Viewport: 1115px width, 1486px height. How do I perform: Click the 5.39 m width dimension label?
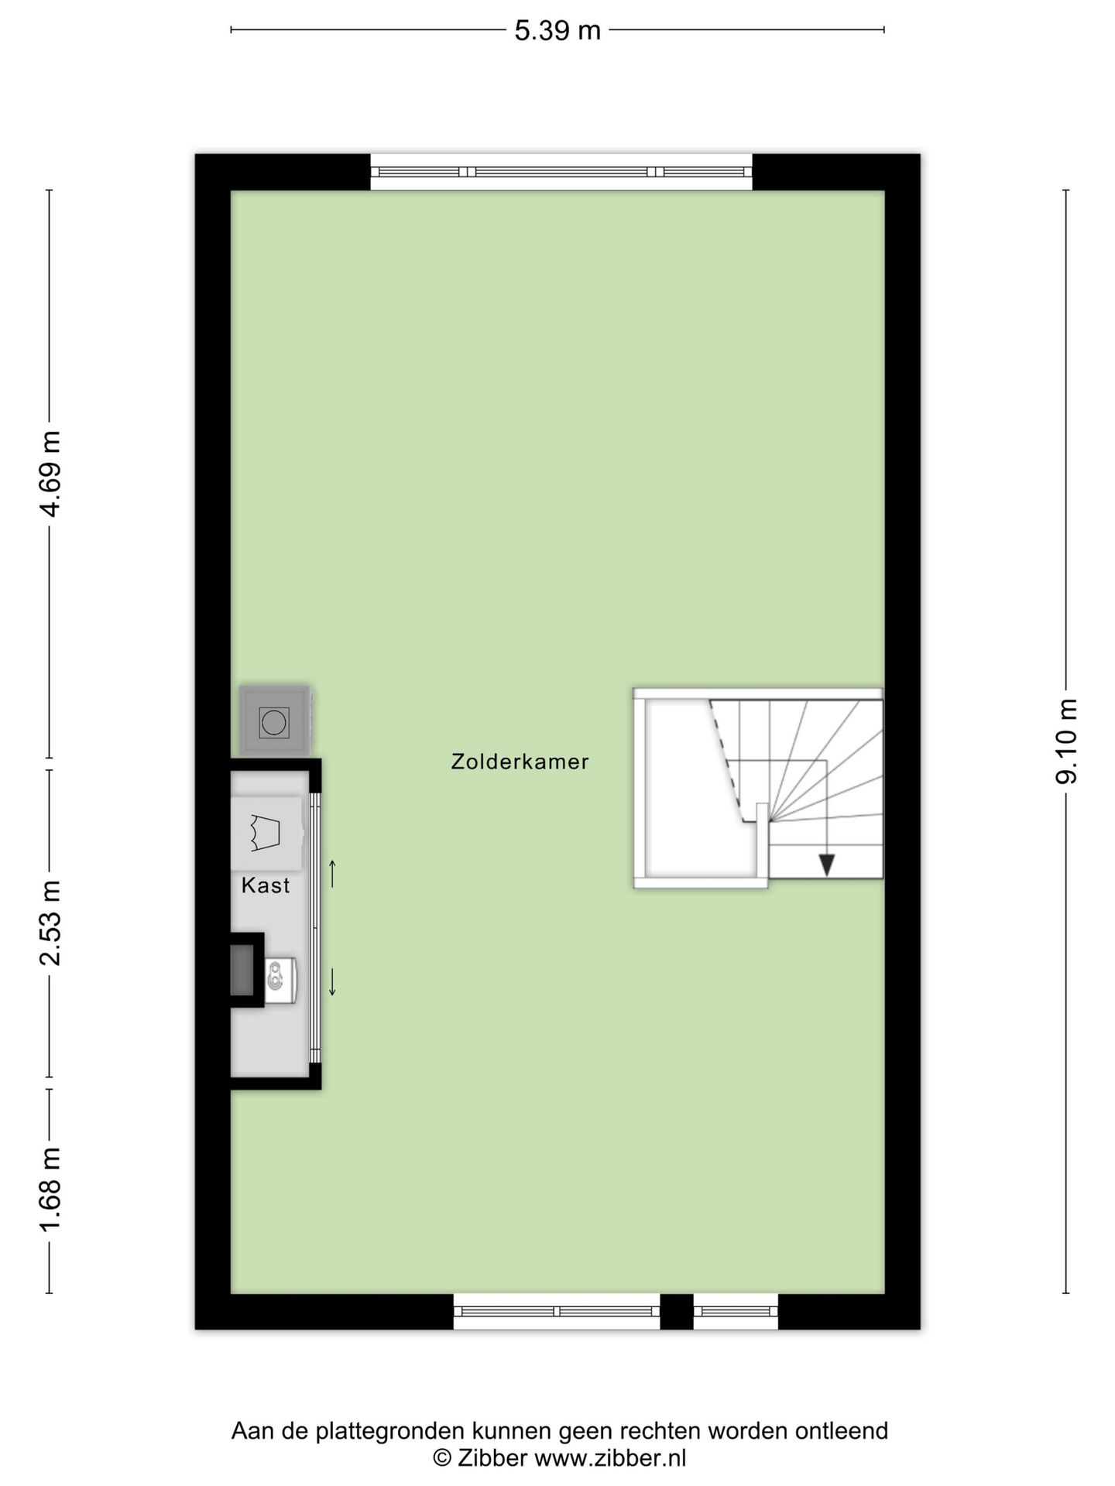pos(557,31)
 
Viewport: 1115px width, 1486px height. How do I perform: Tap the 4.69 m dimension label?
pos(51,473)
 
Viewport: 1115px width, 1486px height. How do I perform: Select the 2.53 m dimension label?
pos(51,923)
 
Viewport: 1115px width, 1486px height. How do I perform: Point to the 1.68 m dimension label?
pos(51,1190)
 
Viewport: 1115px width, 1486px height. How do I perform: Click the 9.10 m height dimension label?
pos(1066,741)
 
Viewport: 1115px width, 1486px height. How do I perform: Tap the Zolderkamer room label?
pos(520,762)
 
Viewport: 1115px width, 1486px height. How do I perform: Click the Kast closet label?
pos(266,885)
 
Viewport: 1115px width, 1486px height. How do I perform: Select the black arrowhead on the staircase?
pos(826,864)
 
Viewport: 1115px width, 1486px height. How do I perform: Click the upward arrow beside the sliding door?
pos(333,873)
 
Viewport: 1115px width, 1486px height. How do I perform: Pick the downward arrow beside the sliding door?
pos(333,981)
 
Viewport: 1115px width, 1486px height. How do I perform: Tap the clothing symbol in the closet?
pos(265,833)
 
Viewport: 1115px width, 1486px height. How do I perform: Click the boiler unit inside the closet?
pos(280,981)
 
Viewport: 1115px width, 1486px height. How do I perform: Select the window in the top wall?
pos(561,172)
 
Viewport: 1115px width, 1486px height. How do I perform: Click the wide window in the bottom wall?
pos(556,1311)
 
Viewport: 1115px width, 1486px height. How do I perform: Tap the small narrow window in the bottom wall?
pos(735,1311)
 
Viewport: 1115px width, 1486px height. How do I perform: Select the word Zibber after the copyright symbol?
pos(492,1458)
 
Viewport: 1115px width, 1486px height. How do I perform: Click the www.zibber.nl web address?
pos(610,1458)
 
